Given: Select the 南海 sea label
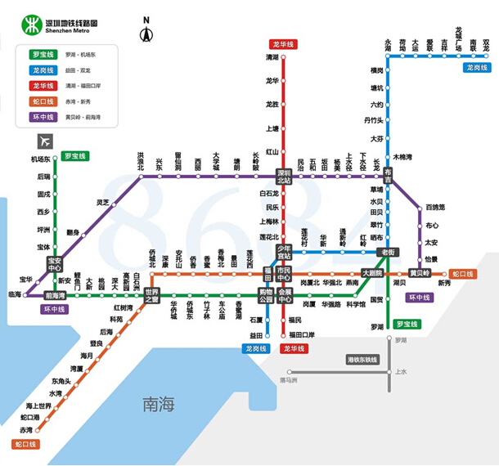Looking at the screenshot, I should point(159,403).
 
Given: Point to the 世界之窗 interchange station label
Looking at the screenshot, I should point(152,295).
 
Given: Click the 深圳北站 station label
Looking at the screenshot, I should point(284,177).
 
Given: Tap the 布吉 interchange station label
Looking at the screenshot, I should point(388,174).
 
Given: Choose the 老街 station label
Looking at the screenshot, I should point(386,252).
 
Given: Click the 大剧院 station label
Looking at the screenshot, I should point(372,273).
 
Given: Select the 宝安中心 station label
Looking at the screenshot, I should point(55,264).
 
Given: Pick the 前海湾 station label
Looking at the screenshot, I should point(55,295).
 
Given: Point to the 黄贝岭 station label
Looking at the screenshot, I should point(420,273).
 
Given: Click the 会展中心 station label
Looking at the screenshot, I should point(284,295).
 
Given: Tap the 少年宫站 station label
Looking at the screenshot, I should point(284,252).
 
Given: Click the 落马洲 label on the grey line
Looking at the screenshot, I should point(288,380).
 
